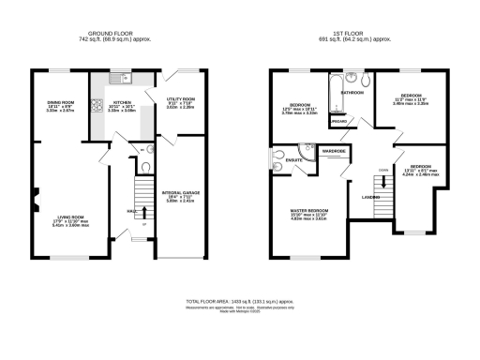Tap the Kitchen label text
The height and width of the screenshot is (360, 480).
coord(122,102)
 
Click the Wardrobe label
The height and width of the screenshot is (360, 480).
coord(334,150)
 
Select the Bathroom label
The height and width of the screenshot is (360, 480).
coord(352,94)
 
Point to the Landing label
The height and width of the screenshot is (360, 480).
coord(370,197)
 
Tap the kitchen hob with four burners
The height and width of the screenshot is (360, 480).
coord(98,106)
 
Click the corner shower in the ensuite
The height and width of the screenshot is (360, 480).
coord(307,149)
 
